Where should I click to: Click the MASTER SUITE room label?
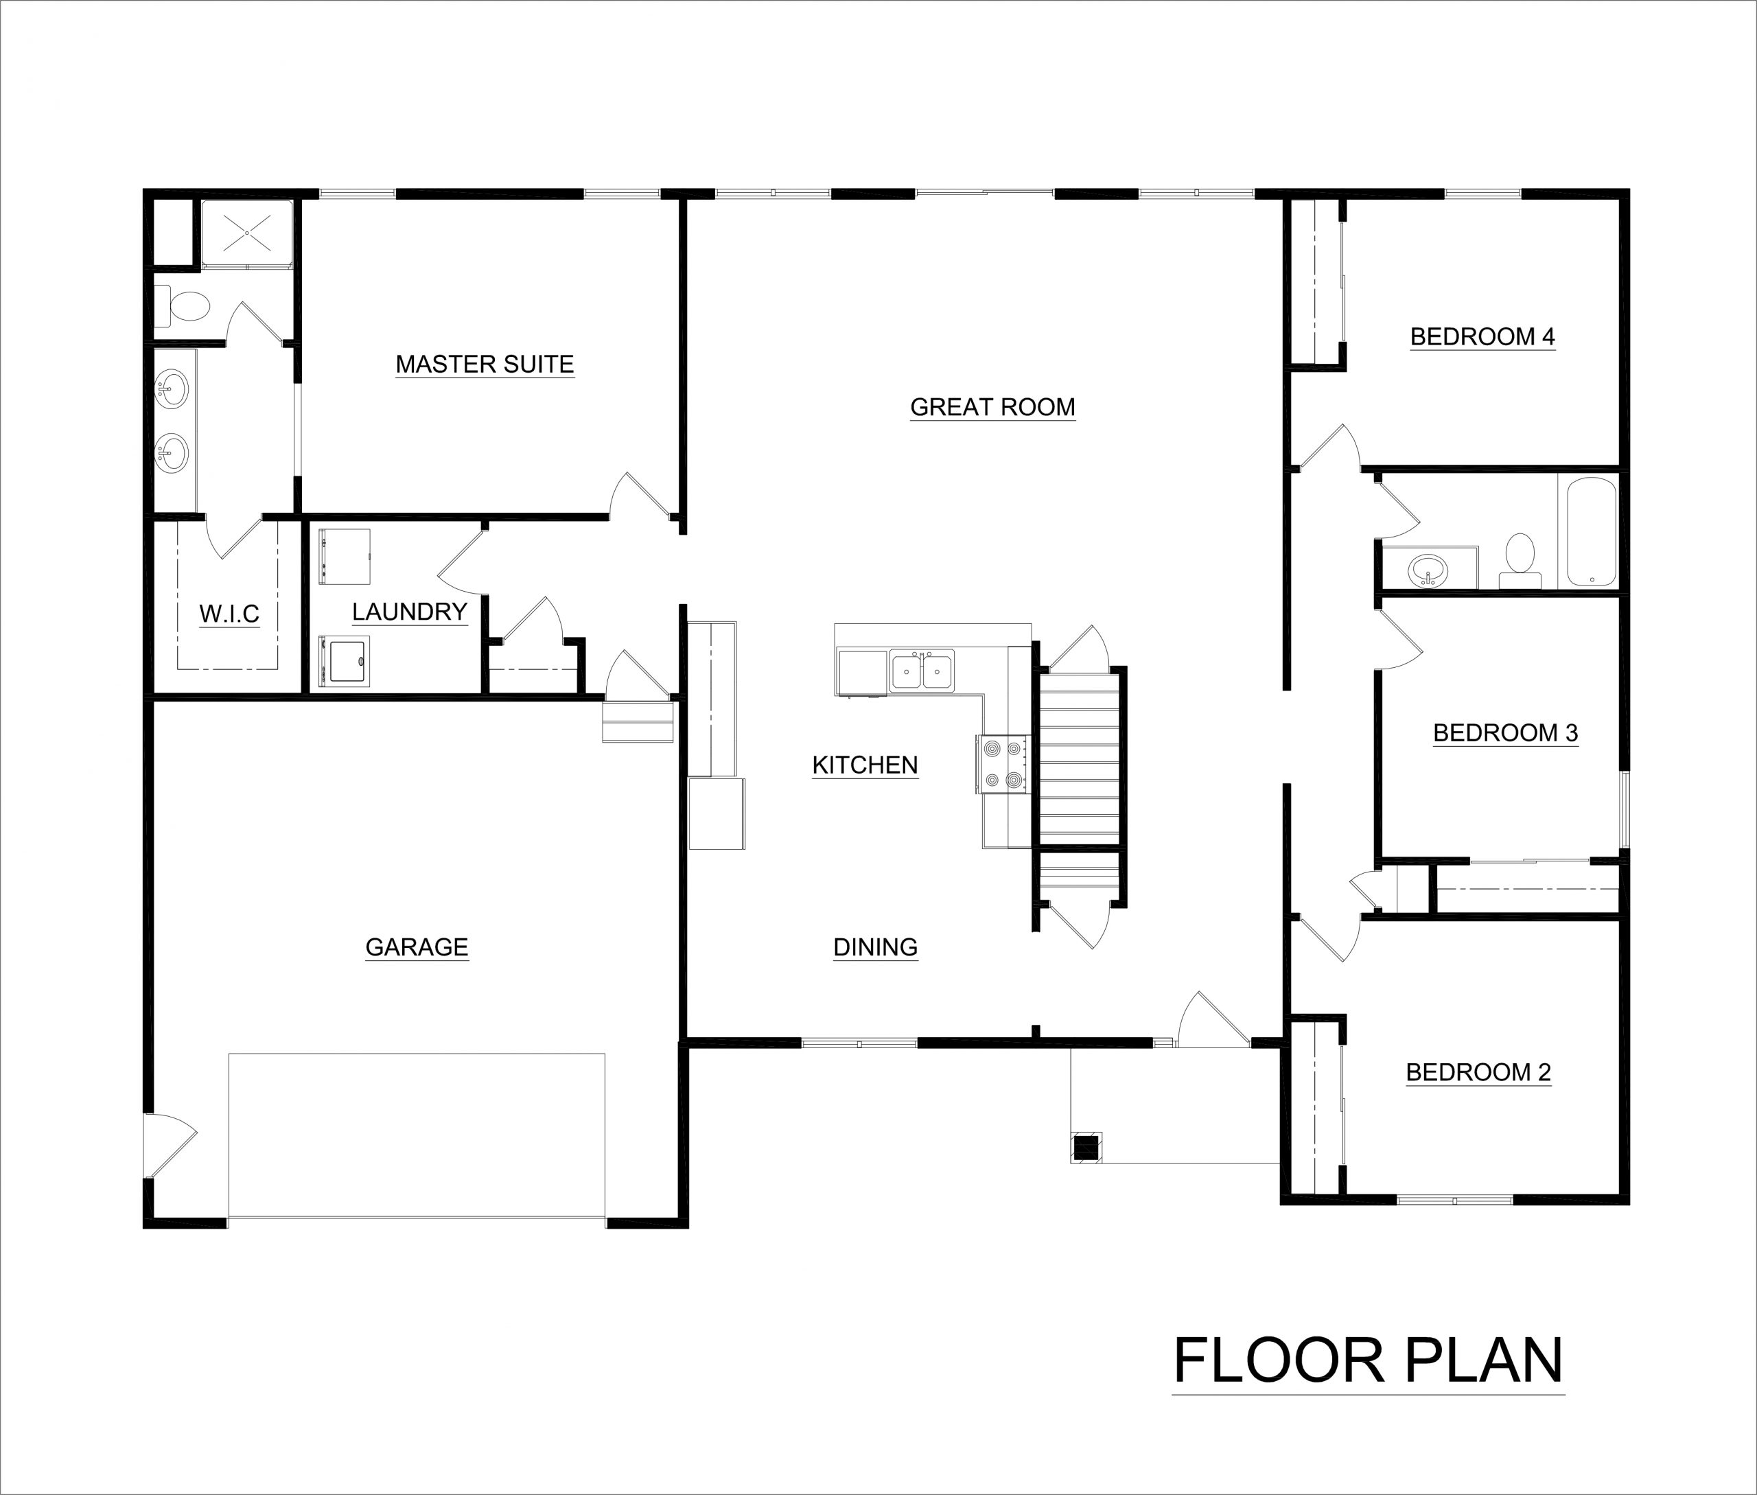tap(485, 364)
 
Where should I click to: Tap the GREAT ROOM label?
tap(992, 408)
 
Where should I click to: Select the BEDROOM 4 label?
tap(1482, 337)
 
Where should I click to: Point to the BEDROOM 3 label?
tap(1505, 733)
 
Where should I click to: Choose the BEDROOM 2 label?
tap(1478, 1073)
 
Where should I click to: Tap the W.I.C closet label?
tap(229, 614)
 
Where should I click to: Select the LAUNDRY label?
tap(409, 612)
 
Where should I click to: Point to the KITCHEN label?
tap(865, 765)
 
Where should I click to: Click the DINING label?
tap(876, 947)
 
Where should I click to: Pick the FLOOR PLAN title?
tap(1368, 1361)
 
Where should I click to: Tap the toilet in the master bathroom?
tap(183, 306)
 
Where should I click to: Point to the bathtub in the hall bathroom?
tap(1592, 531)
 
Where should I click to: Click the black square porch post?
tap(1086, 1148)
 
